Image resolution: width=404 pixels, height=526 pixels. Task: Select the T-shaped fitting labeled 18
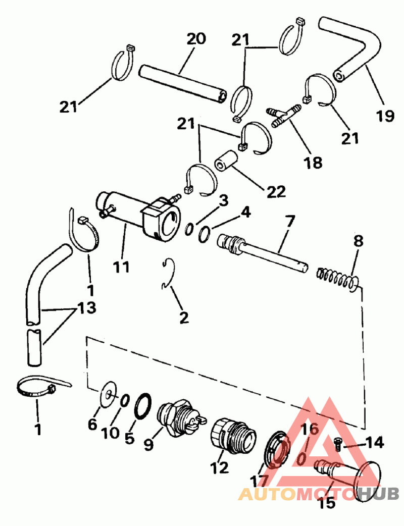(284, 116)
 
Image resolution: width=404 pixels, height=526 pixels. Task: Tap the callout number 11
(121, 267)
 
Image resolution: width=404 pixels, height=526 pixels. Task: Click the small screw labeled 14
(338, 443)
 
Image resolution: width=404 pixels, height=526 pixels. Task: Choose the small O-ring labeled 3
(188, 229)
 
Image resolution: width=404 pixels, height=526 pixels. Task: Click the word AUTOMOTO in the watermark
(298, 493)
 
